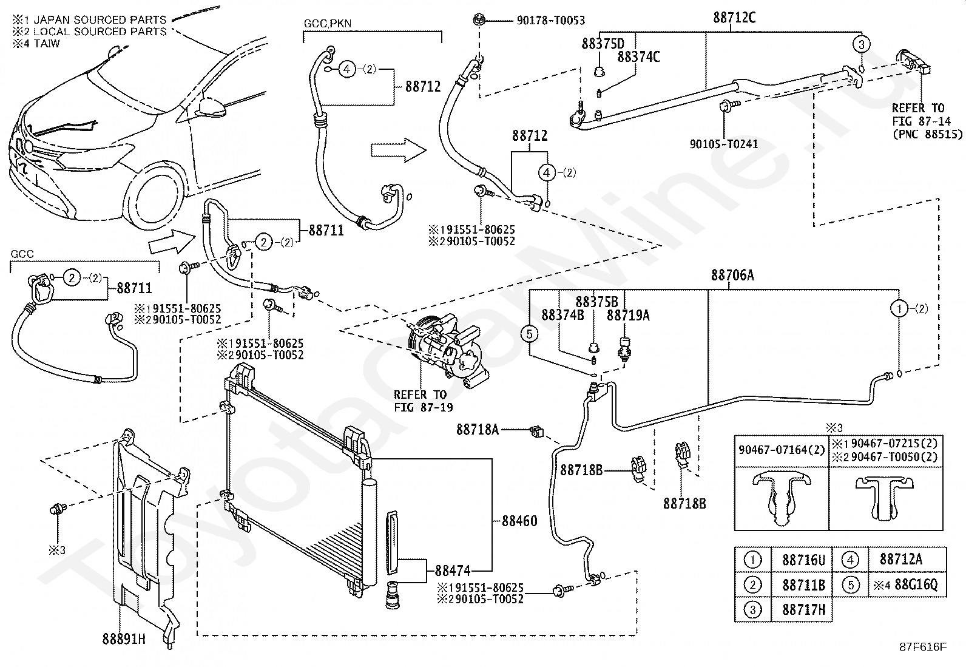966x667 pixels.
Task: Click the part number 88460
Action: (x=519, y=521)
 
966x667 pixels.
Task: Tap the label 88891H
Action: (x=123, y=639)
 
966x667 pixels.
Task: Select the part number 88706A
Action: (x=732, y=276)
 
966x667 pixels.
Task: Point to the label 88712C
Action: (x=734, y=18)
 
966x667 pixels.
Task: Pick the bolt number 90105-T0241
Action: (x=723, y=144)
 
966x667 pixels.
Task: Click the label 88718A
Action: (x=478, y=430)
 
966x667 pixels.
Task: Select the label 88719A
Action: (x=628, y=315)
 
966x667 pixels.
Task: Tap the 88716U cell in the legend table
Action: (x=803, y=560)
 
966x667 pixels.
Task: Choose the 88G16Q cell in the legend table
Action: (x=908, y=584)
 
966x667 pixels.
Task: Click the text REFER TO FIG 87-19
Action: (x=423, y=401)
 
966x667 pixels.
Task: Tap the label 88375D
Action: (x=603, y=44)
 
